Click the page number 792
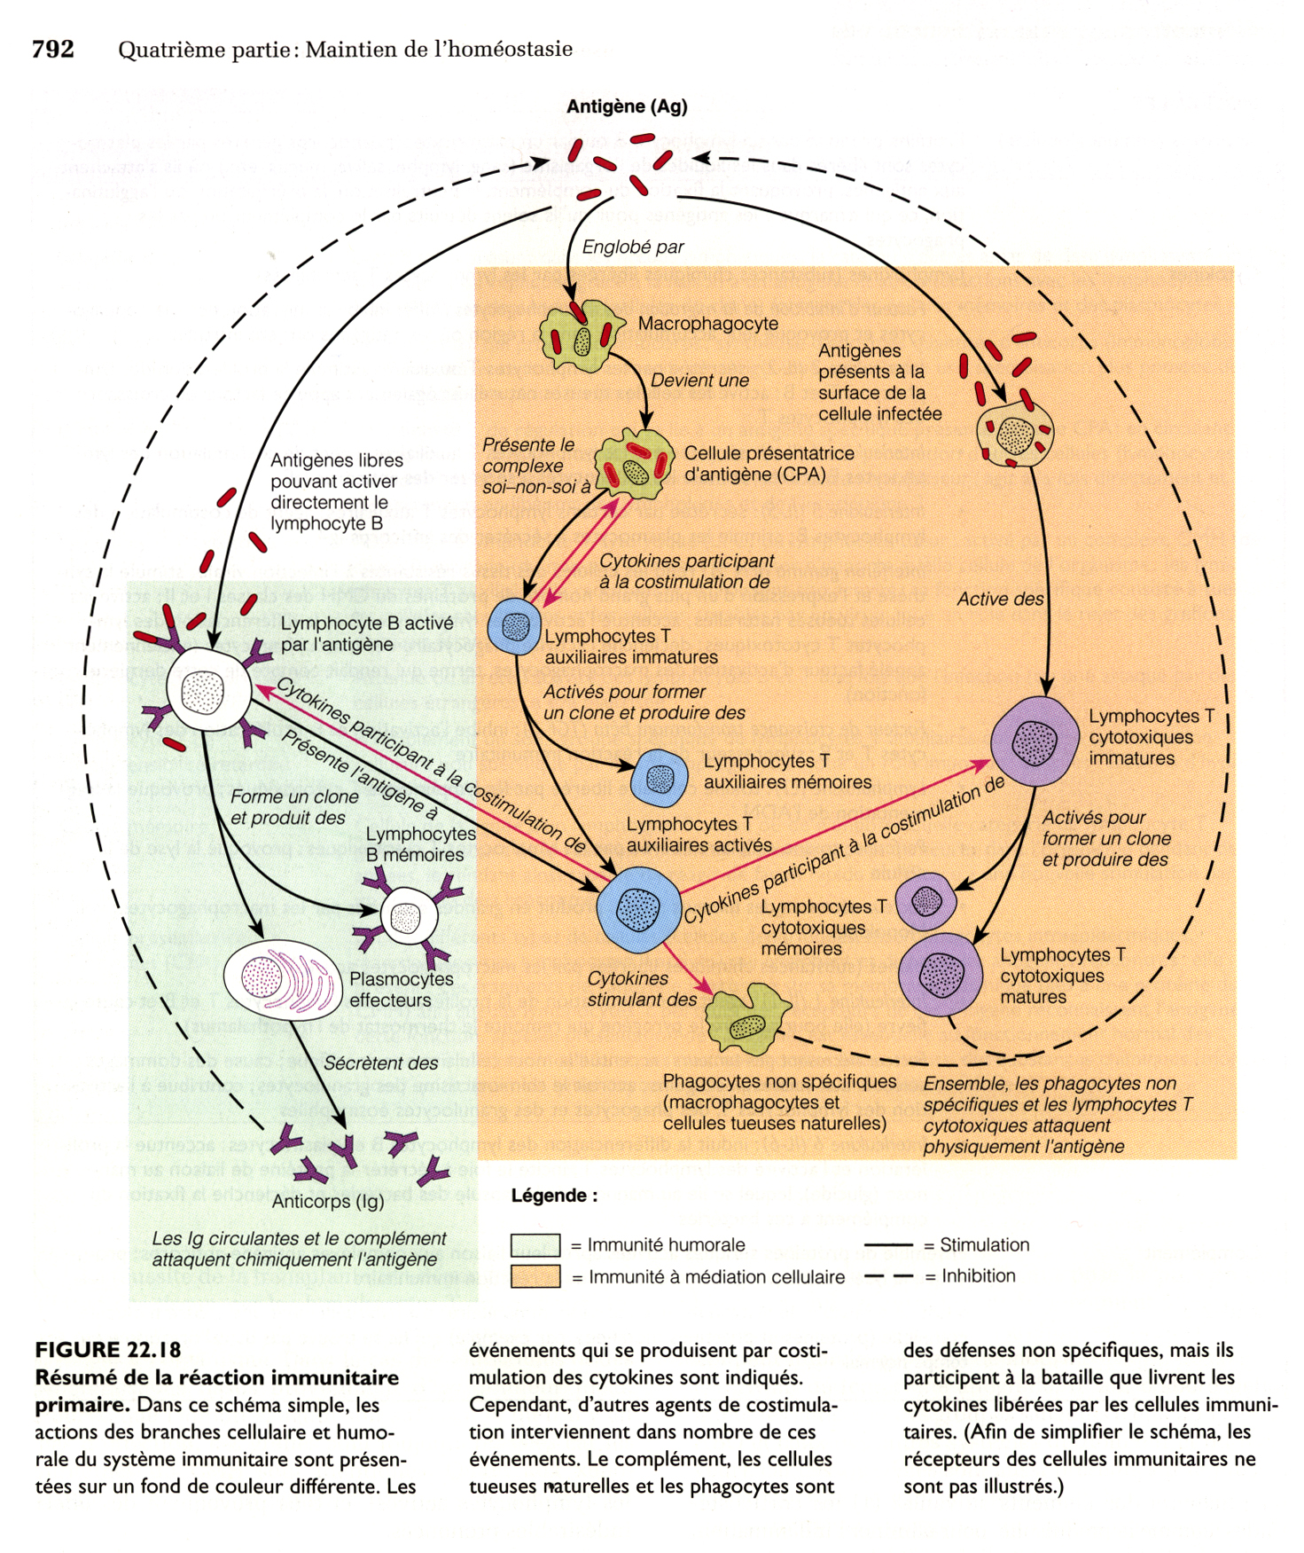coord(52,50)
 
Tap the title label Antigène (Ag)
coord(627,107)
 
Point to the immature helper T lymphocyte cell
coord(514,627)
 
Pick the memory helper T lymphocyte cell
coord(659,778)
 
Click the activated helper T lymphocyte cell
coord(637,908)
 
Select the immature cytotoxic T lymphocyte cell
coord(1034,742)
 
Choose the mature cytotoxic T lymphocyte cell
coord(941,974)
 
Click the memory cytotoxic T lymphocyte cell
coord(925,901)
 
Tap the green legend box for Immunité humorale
coord(535,1245)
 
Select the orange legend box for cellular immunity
coord(535,1276)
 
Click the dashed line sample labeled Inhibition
coord(888,1276)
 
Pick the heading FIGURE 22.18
coord(108,1350)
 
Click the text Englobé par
coord(633,247)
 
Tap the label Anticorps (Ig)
coord(328,1202)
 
